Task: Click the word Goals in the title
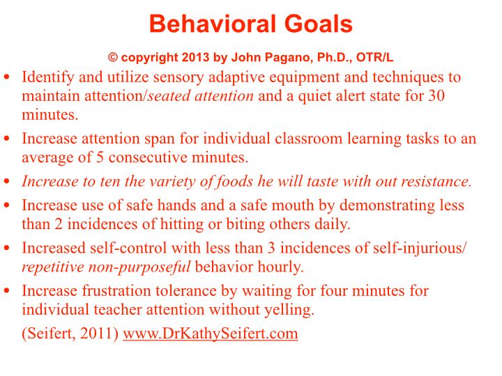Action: coord(318,24)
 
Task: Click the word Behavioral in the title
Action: coord(213,24)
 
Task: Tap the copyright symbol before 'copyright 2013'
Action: coord(113,58)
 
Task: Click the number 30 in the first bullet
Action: coord(436,95)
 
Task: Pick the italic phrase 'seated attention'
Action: coord(200,95)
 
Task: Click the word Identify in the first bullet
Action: coord(48,77)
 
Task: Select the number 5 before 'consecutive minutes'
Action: coord(100,157)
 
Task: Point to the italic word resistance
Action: coord(436,181)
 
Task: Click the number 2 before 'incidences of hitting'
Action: coord(59,224)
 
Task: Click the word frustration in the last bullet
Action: coord(116,290)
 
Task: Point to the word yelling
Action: coord(289,310)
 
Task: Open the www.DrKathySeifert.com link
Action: coord(211,334)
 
